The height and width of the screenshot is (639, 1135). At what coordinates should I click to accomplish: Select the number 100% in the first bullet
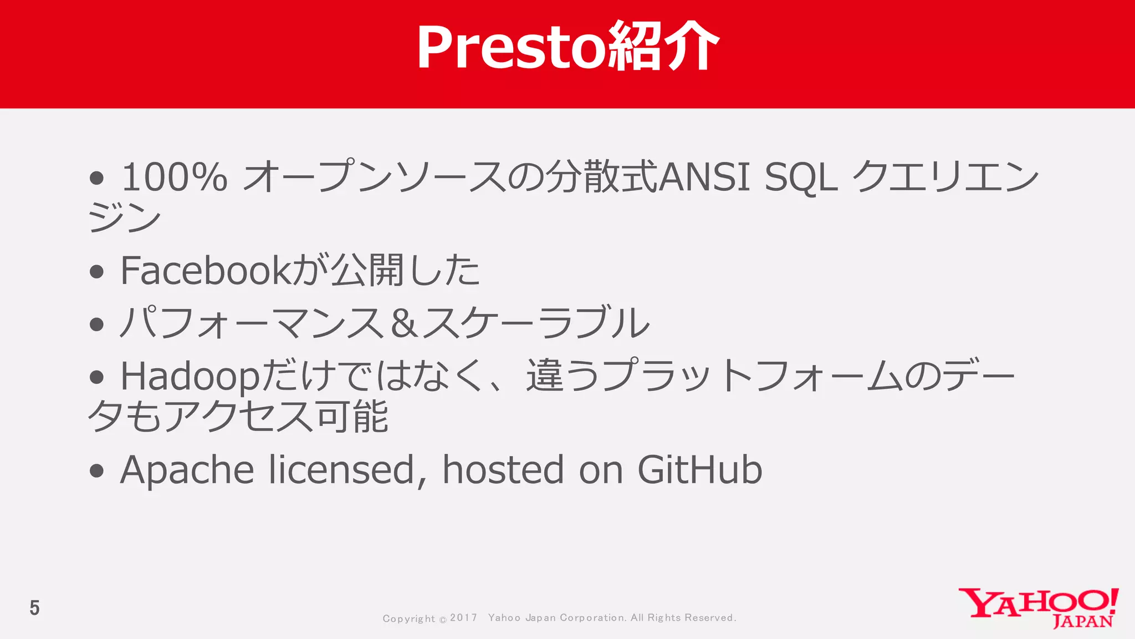[174, 177]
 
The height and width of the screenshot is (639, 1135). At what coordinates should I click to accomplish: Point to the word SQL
[800, 177]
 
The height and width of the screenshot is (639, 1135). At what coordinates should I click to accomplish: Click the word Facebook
[204, 271]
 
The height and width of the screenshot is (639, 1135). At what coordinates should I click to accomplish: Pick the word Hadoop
[190, 376]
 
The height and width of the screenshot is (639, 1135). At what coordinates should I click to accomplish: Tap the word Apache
[187, 470]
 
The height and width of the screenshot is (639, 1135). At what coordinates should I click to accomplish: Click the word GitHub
[699, 470]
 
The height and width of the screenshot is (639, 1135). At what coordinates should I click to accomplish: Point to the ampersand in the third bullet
[404, 323]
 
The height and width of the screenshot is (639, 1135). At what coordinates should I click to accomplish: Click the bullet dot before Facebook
[97, 272]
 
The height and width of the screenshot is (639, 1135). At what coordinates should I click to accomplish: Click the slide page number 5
[34, 608]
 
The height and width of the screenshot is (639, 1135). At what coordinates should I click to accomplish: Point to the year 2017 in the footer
[463, 617]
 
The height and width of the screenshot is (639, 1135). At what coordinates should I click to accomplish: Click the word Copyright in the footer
[408, 618]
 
